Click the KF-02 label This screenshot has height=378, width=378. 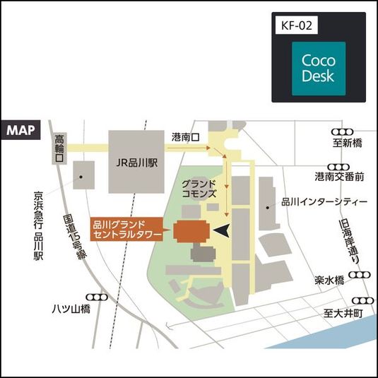[297, 26]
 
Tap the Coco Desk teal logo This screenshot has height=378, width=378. [319, 68]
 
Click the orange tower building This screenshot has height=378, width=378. [191, 231]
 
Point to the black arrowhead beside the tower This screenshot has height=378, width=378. [222, 230]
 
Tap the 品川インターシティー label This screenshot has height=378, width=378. [324, 202]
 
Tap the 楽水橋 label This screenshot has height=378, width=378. [329, 280]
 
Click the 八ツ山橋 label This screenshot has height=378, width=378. [73, 309]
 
